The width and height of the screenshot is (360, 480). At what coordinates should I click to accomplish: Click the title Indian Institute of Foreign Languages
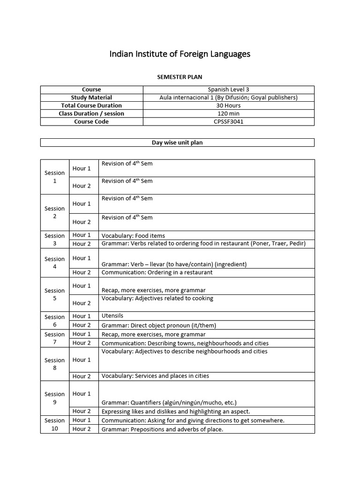[180, 54]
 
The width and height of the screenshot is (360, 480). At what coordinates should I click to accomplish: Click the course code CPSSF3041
[229, 121]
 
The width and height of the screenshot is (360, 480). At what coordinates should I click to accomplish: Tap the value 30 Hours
[229, 105]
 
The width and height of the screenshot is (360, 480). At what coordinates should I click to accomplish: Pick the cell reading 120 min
[229, 113]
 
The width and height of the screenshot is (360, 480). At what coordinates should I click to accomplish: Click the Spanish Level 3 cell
[229, 90]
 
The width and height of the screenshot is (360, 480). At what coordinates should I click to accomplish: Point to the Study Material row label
[91, 97]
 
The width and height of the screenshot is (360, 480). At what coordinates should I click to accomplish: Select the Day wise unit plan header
[177, 142]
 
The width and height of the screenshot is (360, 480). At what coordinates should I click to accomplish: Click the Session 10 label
[55, 425]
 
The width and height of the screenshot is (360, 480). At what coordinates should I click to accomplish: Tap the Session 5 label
[55, 294]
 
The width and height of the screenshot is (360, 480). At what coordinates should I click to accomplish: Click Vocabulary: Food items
[133, 236]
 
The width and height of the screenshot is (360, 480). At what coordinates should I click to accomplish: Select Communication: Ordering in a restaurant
[157, 272]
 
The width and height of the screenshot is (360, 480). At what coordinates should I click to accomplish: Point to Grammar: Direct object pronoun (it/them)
[159, 325]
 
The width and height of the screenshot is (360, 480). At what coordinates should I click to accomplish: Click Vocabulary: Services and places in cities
[155, 376]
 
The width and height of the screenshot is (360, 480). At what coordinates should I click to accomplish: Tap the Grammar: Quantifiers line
[169, 402]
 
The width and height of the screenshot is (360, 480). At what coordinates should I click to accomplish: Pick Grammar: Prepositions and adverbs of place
[162, 429]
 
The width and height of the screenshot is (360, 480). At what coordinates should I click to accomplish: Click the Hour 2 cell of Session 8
[82, 376]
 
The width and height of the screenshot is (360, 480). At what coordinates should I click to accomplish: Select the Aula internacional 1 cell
[229, 97]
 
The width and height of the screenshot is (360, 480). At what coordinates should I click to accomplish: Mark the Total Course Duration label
[91, 105]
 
